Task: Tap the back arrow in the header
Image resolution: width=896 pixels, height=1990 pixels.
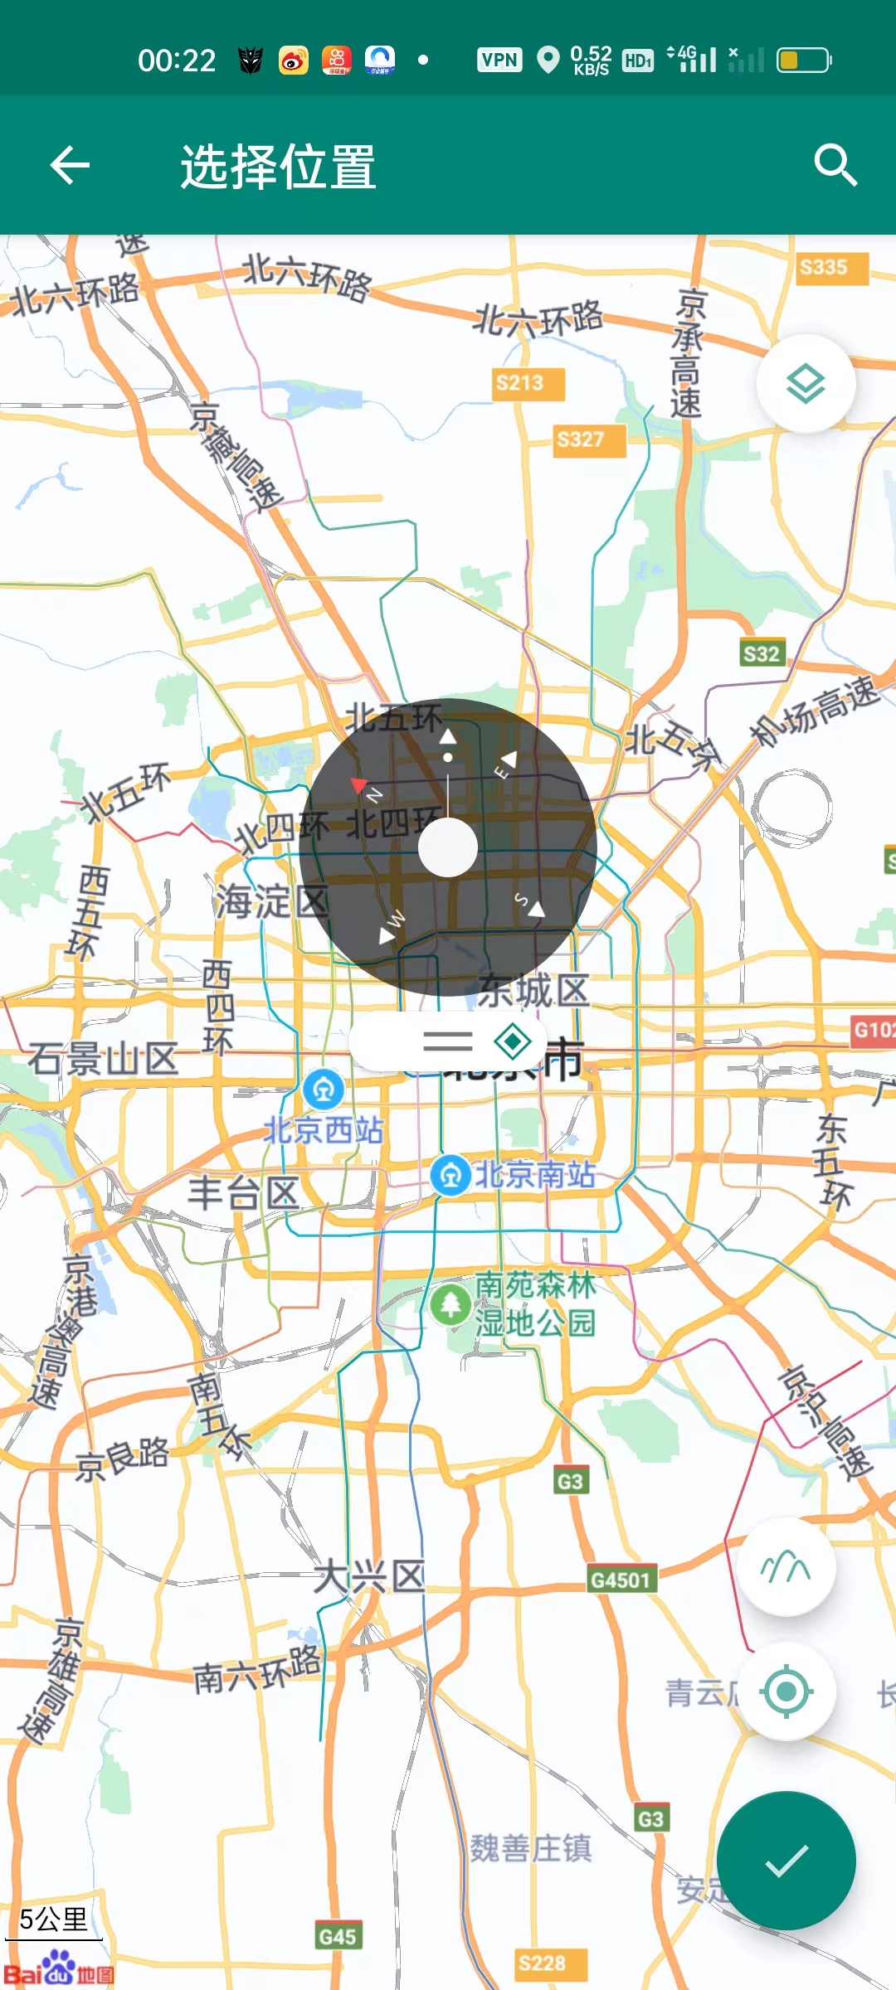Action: (x=70, y=165)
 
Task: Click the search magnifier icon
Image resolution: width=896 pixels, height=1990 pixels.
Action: (x=835, y=165)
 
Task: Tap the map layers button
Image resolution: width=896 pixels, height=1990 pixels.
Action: (x=806, y=384)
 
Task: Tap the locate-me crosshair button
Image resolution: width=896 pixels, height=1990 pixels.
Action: (x=786, y=1691)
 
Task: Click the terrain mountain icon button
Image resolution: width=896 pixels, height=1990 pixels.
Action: (x=786, y=1567)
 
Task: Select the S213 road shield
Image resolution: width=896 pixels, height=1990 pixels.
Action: (x=520, y=383)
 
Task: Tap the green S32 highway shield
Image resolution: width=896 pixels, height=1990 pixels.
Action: (x=762, y=654)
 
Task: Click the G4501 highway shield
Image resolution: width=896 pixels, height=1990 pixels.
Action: (x=620, y=1580)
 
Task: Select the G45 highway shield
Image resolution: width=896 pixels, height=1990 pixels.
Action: (x=337, y=1936)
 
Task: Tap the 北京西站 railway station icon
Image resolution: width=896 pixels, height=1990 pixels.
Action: (x=324, y=1090)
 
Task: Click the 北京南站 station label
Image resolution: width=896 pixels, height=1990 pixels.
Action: (x=534, y=1175)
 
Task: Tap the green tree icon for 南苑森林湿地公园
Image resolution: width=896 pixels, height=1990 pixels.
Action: (x=450, y=1303)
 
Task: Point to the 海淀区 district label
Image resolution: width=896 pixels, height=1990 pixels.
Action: (x=271, y=901)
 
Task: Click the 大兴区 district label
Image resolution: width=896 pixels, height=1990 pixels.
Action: (x=368, y=1576)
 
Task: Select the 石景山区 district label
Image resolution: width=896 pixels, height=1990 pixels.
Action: (x=103, y=1059)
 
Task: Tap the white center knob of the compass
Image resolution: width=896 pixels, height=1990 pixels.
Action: (x=448, y=847)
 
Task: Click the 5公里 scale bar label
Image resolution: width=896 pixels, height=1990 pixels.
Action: (x=53, y=1919)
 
